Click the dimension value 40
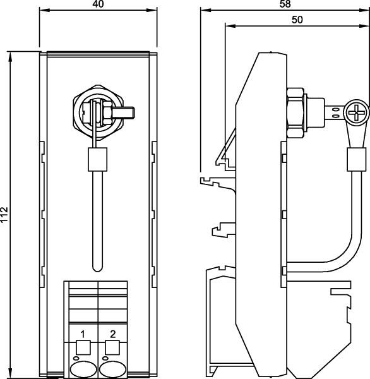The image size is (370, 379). coord(97,4)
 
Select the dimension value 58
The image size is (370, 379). coord(284,4)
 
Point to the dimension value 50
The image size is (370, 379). coord(297,20)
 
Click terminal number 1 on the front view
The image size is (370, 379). coord(82,332)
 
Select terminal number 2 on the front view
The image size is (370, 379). coord(112,332)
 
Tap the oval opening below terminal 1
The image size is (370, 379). coord(82,368)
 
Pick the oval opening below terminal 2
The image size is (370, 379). coord(112,368)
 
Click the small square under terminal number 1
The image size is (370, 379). coord(82,346)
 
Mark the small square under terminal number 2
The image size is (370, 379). coord(112,346)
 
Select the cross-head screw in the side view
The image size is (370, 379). coord(357,114)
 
